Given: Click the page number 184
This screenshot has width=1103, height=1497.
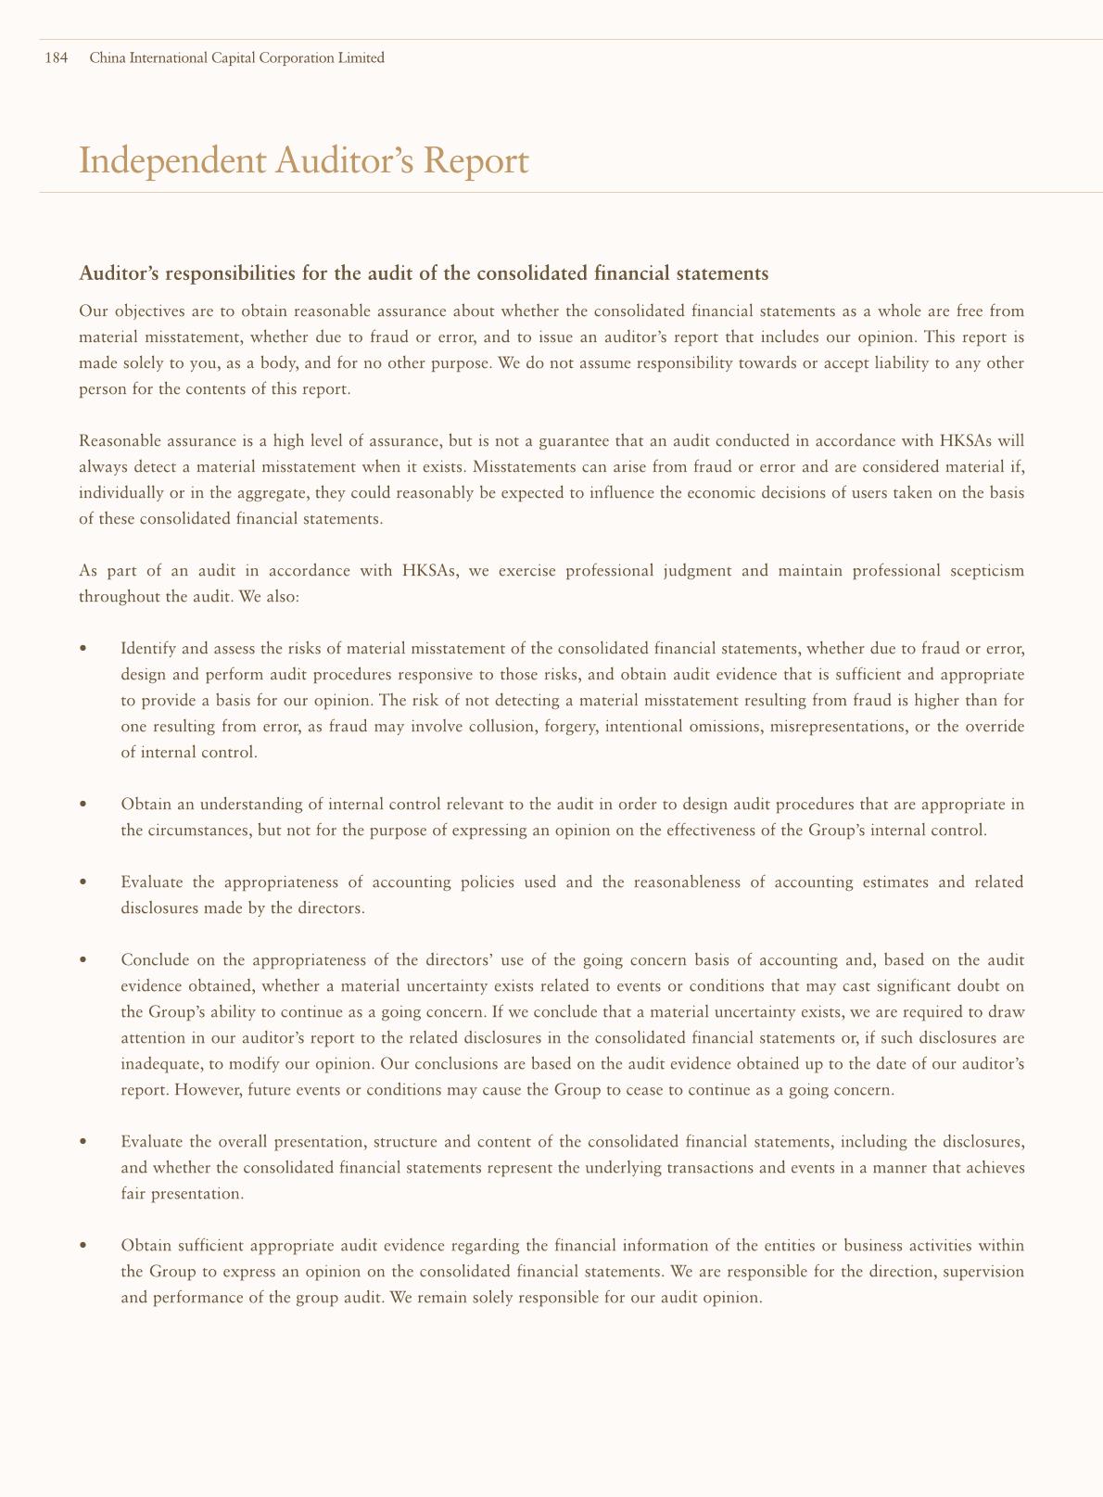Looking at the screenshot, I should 57,58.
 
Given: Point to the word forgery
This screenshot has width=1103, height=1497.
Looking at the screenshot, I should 570,727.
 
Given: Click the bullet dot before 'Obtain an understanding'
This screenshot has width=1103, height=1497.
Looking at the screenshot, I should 84,805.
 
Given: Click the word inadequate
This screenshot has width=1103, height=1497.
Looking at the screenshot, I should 157,1063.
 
